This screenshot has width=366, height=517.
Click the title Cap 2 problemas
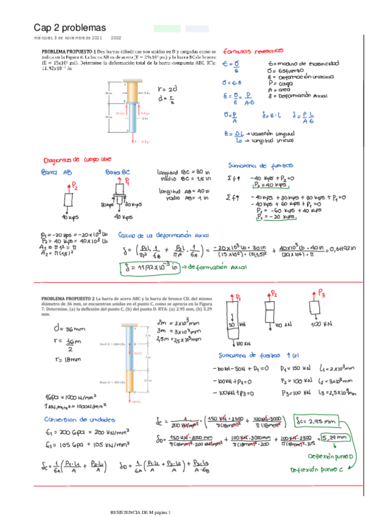click(69, 28)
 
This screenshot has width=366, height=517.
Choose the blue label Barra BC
click(117, 173)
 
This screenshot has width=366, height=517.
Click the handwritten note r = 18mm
click(63, 360)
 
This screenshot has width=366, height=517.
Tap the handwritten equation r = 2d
click(166, 87)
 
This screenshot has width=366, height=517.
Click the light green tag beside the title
click(167, 28)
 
